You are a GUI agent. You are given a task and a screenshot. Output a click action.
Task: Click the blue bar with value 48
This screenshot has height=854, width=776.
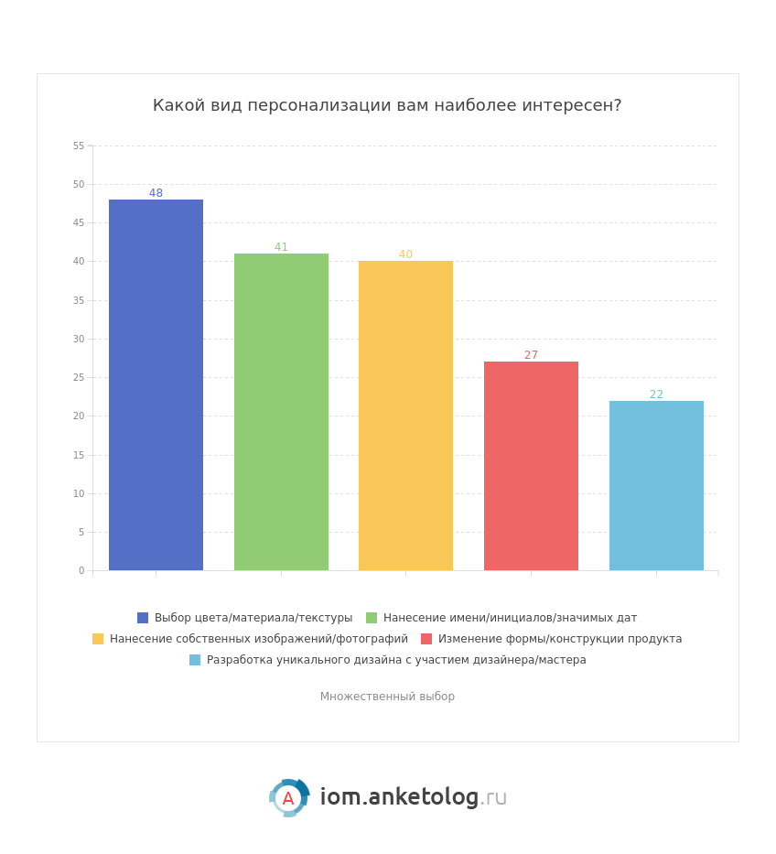pos(156,384)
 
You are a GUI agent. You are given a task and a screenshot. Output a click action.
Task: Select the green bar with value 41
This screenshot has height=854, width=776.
pos(281,412)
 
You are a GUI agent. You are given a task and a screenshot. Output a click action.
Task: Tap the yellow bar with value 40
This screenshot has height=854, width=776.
pos(405,416)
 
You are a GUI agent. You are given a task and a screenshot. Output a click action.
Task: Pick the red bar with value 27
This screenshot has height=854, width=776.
pos(531,466)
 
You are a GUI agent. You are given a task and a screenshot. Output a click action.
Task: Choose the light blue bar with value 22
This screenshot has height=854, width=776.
pos(656,485)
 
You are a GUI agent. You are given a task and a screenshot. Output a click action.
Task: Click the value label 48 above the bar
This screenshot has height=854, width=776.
pos(156,193)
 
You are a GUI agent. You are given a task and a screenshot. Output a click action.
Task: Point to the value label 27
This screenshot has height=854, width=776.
pos(531,355)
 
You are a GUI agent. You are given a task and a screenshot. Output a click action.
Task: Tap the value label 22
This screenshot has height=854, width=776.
pos(656,395)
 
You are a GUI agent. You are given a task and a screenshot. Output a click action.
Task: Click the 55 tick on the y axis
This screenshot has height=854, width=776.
pos(79,146)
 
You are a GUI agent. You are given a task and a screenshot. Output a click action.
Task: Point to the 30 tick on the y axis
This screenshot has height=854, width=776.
pos(79,339)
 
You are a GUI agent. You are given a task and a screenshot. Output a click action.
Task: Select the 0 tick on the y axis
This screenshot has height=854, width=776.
pos(81,570)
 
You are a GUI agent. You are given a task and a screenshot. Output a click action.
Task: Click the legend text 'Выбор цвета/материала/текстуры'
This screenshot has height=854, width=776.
pos(253,618)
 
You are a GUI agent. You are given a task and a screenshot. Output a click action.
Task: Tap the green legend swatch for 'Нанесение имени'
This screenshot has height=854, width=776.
pos(372,618)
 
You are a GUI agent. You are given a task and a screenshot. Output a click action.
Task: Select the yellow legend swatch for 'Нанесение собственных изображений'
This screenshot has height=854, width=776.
pos(98,639)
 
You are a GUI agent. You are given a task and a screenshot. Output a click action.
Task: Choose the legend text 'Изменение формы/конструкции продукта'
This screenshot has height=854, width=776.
pos(560,639)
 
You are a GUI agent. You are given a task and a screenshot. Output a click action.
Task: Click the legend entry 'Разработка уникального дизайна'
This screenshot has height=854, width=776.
pos(396,660)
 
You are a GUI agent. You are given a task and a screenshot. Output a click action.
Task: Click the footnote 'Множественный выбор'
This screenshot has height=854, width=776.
pos(387,697)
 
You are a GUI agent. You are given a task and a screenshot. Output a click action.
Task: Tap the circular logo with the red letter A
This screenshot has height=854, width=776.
pos(288,798)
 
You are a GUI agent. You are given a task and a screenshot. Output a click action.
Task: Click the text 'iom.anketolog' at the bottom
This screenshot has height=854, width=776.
pos(399,797)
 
